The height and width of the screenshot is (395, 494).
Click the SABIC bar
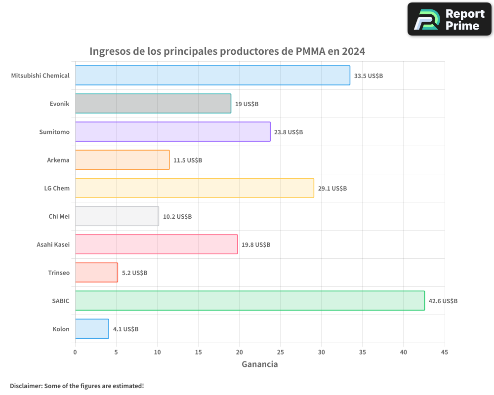tap(249, 301)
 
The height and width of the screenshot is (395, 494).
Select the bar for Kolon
tap(92, 329)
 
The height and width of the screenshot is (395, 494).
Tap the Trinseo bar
tap(96, 273)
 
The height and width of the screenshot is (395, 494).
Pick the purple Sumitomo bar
tap(172, 132)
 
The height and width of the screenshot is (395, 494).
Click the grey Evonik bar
tap(153, 104)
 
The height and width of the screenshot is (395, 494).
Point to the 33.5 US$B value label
tap(369, 76)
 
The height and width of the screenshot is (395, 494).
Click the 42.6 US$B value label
tap(443, 301)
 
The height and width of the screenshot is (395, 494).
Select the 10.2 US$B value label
tap(177, 217)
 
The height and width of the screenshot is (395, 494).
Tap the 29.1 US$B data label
tap(332, 189)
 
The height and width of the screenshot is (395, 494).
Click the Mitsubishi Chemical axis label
tap(41, 76)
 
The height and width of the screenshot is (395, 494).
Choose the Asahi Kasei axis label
tap(53, 245)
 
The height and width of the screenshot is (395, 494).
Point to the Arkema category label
tap(58, 160)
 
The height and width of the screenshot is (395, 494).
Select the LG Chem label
tap(57, 189)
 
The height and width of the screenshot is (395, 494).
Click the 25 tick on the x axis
tap(280, 353)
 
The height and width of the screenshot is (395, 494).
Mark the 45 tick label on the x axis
tap(444, 353)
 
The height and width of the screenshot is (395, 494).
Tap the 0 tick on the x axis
tap(75, 353)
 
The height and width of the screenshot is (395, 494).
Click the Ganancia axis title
tap(259, 364)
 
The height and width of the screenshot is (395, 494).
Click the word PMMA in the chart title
tap(310, 51)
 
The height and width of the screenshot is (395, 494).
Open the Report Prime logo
tap(450, 19)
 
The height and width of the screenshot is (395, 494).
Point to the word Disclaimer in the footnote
tap(26, 386)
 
